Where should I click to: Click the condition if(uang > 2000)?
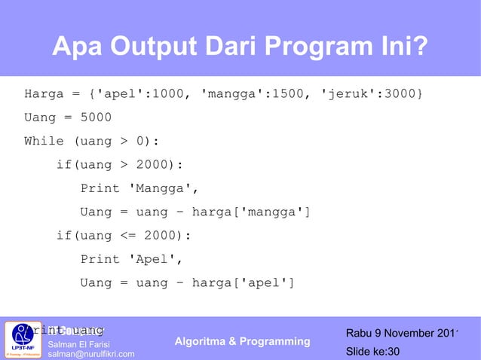120,165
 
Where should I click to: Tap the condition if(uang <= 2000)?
124,236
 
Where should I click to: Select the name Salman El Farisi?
79,344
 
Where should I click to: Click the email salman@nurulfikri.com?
91,354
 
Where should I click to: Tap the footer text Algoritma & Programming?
242,342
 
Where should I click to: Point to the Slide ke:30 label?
372,352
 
